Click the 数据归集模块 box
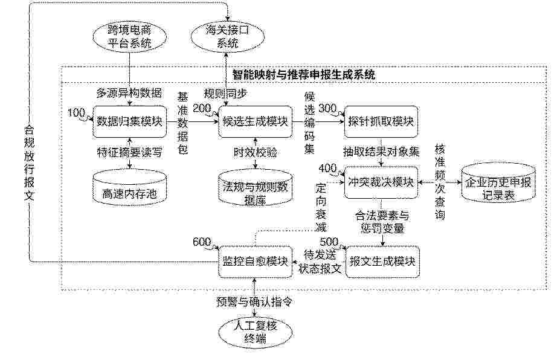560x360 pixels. (x=130, y=121)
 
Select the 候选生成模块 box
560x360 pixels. (x=255, y=121)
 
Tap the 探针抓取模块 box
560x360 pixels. (x=381, y=121)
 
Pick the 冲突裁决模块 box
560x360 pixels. (x=381, y=182)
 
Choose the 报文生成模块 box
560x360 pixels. (x=382, y=262)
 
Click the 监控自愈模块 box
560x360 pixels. (x=255, y=262)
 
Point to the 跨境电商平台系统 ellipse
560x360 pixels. (x=130, y=37)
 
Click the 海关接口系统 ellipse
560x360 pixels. (x=228, y=37)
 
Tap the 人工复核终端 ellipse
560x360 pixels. (x=255, y=332)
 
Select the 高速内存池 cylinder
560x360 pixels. (x=130, y=187)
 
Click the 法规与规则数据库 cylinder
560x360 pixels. (x=255, y=187)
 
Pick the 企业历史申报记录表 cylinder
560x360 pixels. (x=498, y=182)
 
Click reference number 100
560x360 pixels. (x=76, y=113)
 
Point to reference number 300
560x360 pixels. (x=327, y=108)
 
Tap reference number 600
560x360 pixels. (x=202, y=242)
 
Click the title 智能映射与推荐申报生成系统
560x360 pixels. (x=304, y=75)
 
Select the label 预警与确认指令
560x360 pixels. (x=254, y=302)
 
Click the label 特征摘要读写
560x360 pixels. (x=130, y=153)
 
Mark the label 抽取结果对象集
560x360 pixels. (x=381, y=152)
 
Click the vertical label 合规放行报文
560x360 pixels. (x=29, y=163)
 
